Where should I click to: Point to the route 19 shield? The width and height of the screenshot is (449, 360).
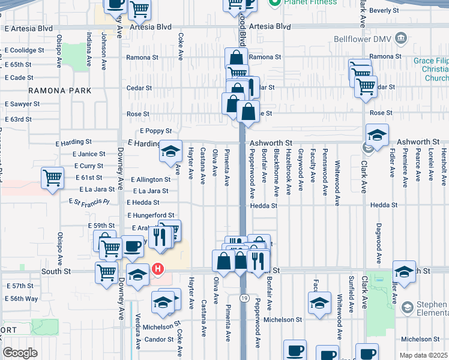click(243, 298)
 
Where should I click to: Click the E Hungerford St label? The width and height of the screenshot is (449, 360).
click(151, 215)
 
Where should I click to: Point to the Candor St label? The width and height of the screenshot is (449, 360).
click(158, 340)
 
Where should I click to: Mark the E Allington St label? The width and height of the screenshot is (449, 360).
click(149, 179)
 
